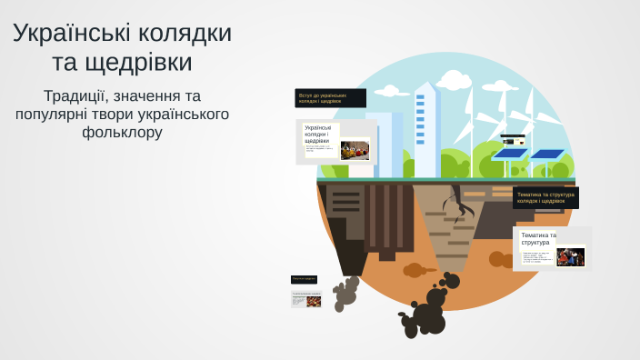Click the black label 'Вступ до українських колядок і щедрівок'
(330, 97)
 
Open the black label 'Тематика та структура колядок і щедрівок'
(545, 197)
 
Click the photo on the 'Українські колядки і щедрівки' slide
(355, 150)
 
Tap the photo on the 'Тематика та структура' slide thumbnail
(570, 257)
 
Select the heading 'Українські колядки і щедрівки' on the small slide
(317, 135)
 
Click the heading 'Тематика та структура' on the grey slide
(537, 239)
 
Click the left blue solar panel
(509, 155)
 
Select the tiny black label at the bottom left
(304, 278)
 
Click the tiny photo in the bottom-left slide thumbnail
(314, 301)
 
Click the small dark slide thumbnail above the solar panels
(514, 141)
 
